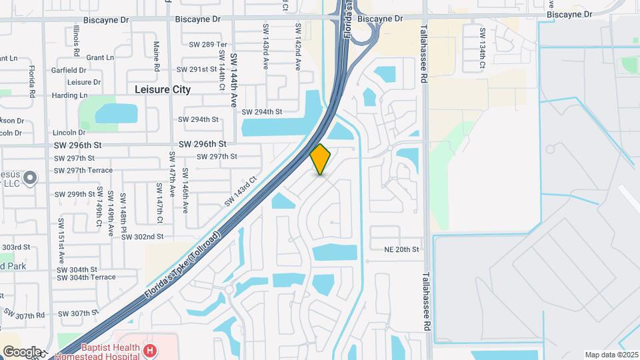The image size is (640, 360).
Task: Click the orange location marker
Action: click(321, 159)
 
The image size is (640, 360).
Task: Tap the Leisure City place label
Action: click(163, 89)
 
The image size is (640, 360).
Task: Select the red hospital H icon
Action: click(151, 350)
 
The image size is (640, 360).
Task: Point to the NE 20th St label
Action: click(401, 249)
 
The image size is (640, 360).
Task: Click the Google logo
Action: click(22, 351)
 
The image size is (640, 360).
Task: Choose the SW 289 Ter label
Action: click(208, 45)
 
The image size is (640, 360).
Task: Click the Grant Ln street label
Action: click(101, 58)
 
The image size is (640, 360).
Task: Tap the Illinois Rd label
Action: click(77, 40)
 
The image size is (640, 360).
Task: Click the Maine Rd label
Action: click(156, 56)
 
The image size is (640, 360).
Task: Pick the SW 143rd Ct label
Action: click(241, 190)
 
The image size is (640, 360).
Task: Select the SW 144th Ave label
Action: click(233, 80)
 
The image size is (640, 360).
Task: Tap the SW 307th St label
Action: click(79, 313)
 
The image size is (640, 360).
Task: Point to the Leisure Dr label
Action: click(84, 83)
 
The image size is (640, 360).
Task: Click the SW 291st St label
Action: click(197, 69)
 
